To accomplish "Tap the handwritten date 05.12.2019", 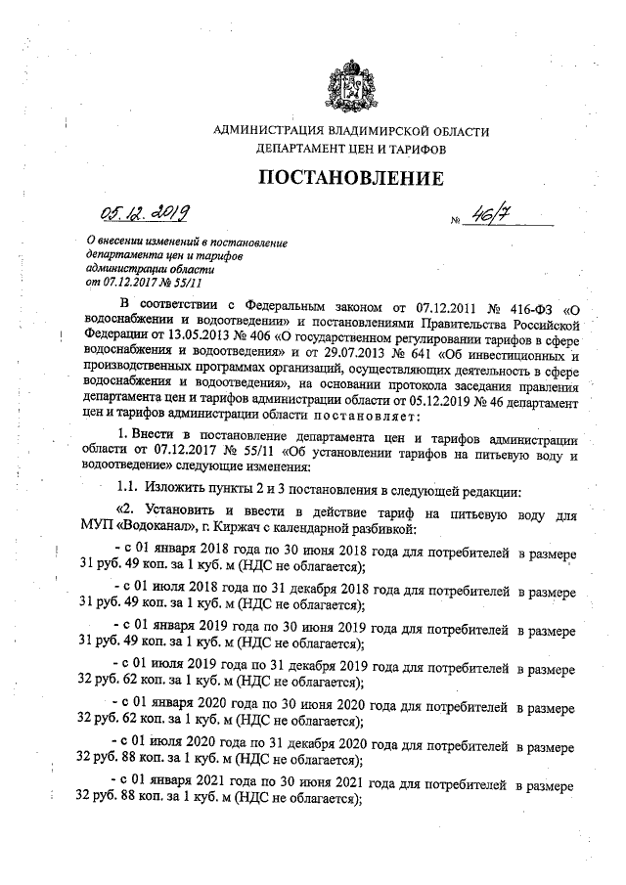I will click(x=146, y=212).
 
